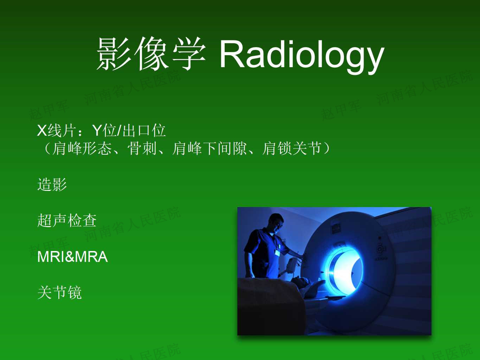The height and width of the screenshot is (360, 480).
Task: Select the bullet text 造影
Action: point(52,184)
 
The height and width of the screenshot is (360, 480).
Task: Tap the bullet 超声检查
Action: point(67,220)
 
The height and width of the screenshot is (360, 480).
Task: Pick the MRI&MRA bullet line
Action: point(72,256)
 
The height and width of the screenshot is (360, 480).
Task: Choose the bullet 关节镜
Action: point(59,292)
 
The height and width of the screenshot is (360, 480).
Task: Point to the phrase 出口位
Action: point(144,130)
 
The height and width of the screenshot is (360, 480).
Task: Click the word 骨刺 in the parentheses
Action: point(142,148)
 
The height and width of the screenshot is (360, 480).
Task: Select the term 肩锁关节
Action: point(292,148)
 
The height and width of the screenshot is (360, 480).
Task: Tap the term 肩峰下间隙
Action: point(209,148)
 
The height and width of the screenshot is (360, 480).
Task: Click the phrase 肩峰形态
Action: point(82,148)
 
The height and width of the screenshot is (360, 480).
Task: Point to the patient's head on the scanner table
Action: point(300,282)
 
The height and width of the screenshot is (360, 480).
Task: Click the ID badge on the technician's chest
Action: point(277,253)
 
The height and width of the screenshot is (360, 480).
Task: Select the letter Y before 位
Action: point(97,130)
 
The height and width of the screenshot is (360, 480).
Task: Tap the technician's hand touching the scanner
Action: point(302,256)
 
